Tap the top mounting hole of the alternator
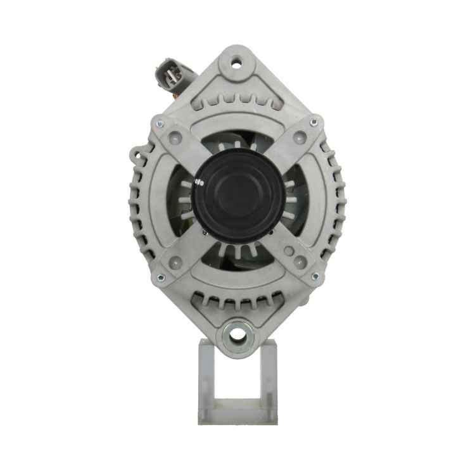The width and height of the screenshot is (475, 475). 237,63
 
